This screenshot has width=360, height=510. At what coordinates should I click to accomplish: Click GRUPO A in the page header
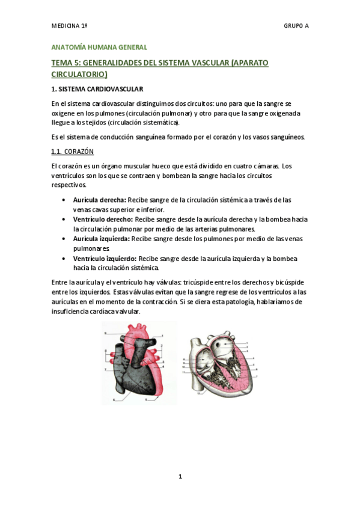click(x=296, y=26)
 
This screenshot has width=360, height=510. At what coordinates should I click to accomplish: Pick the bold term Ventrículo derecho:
click(x=99, y=220)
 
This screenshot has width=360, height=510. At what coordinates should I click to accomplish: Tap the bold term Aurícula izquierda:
click(x=98, y=239)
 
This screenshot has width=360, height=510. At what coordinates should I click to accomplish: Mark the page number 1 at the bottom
click(x=180, y=477)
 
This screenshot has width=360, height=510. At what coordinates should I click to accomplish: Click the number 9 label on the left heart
click(x=105, y=333)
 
